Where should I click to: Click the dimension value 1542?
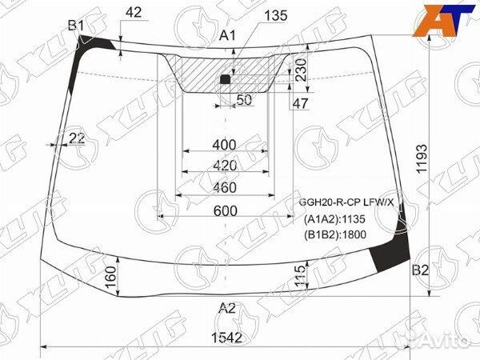226,338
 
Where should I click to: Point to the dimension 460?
226,188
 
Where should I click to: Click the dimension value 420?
226,166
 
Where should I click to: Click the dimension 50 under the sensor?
244,99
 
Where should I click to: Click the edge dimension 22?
76,138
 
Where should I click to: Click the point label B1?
76,26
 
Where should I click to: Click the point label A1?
228,34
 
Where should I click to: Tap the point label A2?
227,307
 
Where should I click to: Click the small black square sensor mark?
225,79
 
